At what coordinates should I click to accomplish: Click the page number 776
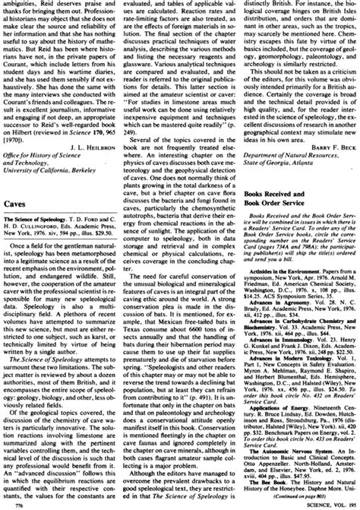tap(11, 503)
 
